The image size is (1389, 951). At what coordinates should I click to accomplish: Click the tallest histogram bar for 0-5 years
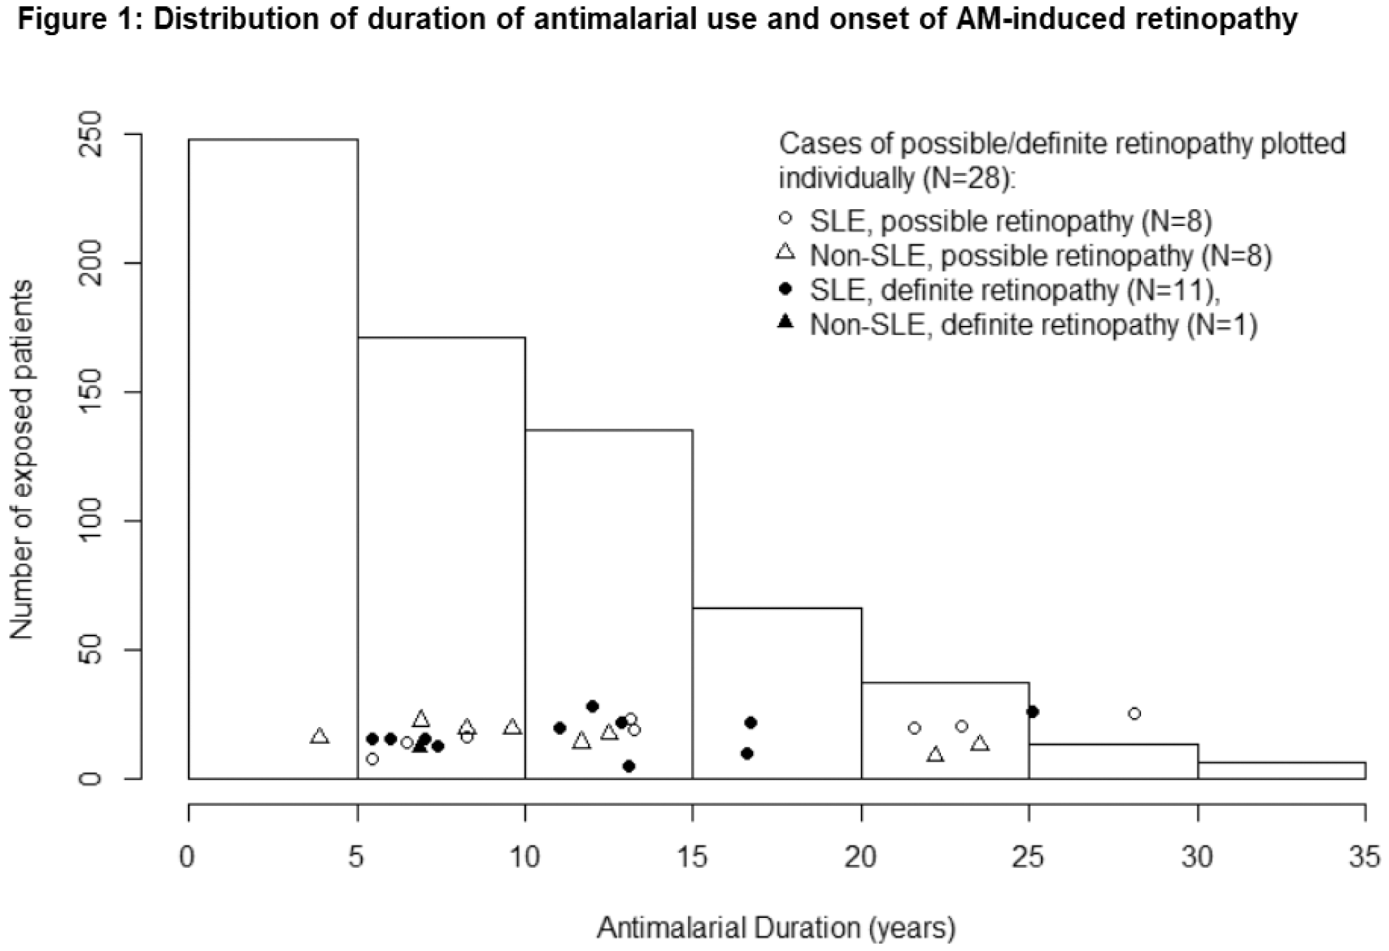273,458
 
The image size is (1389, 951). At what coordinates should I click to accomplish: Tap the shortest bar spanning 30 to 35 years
1281,770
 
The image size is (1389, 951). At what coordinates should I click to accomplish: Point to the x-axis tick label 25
1028,857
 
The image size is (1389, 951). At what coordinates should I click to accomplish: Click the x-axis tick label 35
1364,857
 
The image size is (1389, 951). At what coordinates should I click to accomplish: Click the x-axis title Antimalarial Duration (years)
776,928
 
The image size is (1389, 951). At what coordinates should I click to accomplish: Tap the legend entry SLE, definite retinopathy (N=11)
1014,291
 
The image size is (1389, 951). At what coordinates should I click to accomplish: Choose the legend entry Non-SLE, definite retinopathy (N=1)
1033,325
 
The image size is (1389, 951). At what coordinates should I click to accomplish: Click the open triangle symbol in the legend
785,252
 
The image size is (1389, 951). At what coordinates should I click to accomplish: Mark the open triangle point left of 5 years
320,736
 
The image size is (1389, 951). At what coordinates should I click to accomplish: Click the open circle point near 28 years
1134,714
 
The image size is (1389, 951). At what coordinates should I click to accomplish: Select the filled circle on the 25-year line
1033,712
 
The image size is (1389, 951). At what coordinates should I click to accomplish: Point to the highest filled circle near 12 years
592,706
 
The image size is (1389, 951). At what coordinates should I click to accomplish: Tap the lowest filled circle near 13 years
629,766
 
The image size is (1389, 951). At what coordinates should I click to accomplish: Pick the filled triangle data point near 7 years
421,745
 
